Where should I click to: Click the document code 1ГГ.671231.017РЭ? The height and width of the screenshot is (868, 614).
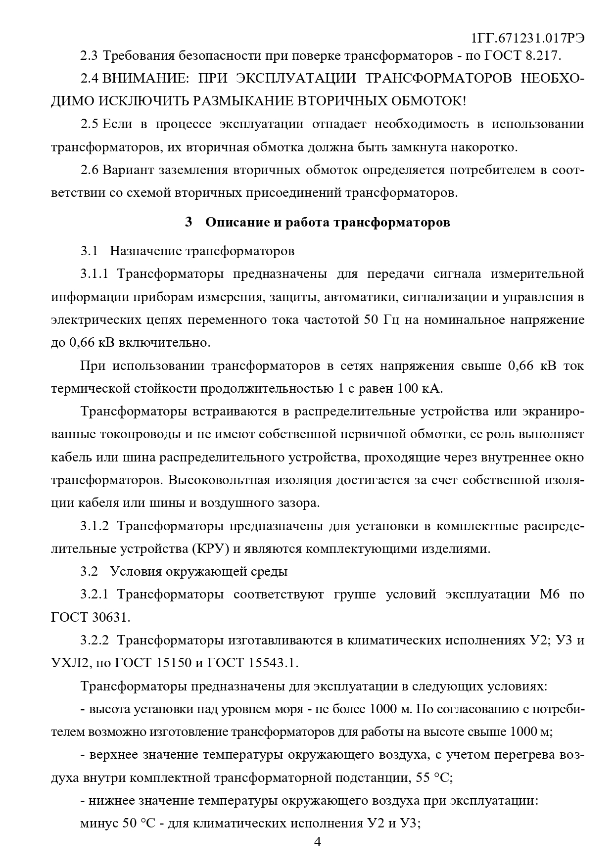528,39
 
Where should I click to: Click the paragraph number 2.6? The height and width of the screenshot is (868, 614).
90,170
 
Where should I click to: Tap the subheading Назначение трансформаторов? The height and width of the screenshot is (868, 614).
202,251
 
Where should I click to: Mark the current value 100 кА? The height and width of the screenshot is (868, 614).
420,388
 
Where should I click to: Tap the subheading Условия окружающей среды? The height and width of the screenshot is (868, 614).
198,572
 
